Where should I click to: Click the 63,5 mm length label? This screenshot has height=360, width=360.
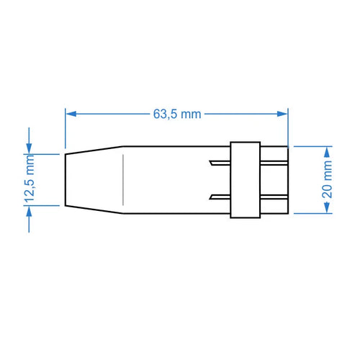(177, 114)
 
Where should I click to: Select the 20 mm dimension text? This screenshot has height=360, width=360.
(328, 180)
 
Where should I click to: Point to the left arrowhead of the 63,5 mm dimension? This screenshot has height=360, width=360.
(70, 113)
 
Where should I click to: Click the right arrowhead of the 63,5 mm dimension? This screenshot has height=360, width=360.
(282, 113)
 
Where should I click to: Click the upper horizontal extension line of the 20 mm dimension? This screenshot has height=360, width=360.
(310, 145)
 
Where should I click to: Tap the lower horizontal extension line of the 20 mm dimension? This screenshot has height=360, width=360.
(310, 215)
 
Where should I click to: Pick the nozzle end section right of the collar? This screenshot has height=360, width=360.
(274, 180)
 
